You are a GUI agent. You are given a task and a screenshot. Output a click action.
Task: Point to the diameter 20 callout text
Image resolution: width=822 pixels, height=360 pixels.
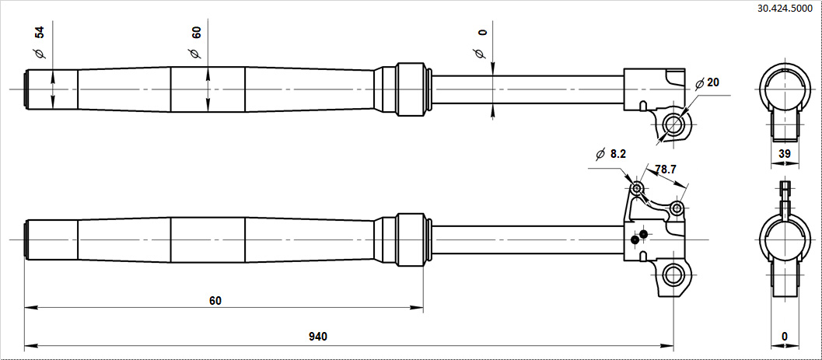tap(707, 82)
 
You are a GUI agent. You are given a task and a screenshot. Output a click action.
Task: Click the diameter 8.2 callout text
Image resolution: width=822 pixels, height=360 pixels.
tap(611, 153)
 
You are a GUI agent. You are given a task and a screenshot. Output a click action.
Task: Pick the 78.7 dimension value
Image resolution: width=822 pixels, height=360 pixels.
tap(665, 170)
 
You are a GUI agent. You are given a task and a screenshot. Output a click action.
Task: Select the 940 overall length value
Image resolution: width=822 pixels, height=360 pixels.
tap(317, 337)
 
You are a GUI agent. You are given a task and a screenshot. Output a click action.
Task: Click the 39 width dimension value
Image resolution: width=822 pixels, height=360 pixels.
tap(784, 153)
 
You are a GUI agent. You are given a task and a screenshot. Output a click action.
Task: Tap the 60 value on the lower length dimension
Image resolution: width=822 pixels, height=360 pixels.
tap(215, 300)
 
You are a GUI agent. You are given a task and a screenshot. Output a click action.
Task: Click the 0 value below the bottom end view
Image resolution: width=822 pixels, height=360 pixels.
tap(784, 336)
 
